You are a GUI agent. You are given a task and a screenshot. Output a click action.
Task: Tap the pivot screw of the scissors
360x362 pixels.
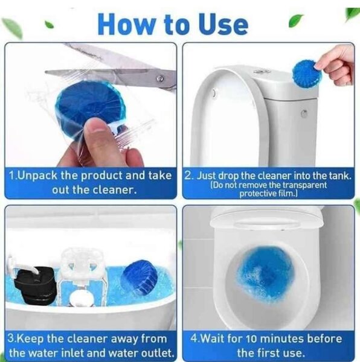click(160, 78)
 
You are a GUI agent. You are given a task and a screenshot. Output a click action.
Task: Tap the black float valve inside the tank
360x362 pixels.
click(35, 285)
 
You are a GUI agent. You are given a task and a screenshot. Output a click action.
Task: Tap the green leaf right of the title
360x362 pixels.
click(295, 21)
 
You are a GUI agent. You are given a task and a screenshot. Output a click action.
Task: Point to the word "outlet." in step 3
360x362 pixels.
click(158, 353)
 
